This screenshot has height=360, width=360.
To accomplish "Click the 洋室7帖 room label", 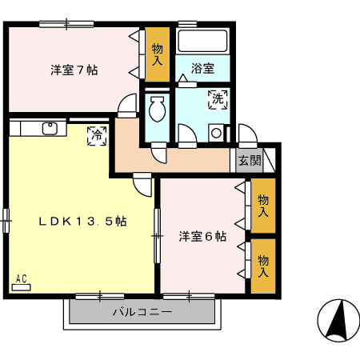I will (74, 70).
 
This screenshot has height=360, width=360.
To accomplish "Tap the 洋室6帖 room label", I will (202, 237).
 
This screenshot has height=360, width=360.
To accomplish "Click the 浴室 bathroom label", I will (203, 70).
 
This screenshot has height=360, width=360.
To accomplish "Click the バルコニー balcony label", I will (142, 312).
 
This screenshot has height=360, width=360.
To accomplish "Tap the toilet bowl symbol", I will (158, 107).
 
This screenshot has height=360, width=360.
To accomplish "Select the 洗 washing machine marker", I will (217, 100).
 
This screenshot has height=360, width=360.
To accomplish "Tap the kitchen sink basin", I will (51, 127).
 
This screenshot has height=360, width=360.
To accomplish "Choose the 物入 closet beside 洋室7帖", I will (158, 54).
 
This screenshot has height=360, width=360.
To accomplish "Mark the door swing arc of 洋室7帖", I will (127, 105).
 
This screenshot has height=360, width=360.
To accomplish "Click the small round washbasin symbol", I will (216, 133).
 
